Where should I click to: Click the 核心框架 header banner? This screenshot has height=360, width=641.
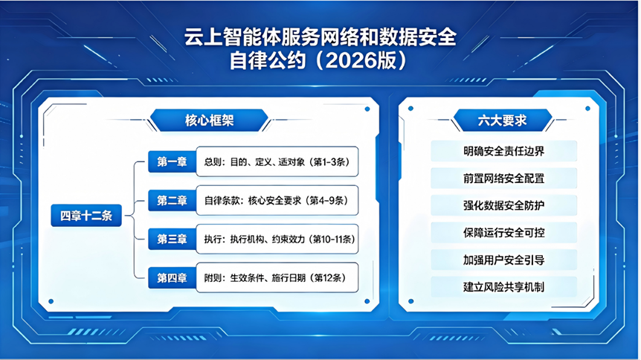pos(209,120)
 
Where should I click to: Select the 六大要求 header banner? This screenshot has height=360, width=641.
pos(503,120)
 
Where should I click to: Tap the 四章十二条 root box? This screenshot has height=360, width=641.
pos(86,216)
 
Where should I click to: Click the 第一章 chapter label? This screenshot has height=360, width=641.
pos(172,161)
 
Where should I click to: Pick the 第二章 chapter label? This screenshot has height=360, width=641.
pos(172,201)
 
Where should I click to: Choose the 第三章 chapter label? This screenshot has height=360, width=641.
pos(172,239)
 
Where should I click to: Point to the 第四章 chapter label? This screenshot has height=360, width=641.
pos(172,277)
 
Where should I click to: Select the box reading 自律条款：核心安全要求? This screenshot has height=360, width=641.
pos(277,201)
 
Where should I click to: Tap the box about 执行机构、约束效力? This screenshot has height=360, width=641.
pos(277,239)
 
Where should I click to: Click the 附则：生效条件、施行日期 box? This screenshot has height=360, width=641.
pos(277,277)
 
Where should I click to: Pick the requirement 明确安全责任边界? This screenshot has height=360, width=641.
pos(503,151)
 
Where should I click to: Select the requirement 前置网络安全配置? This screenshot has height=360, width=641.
pos(503,178)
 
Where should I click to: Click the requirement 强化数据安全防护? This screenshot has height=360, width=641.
pos(503,205)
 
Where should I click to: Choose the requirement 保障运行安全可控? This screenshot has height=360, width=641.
pos(503,232)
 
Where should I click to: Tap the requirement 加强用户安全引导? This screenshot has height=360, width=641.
pos(503,260)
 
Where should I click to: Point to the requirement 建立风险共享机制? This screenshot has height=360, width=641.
pos(503,287)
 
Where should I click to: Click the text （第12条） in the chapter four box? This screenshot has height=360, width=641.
pos(328,278)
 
